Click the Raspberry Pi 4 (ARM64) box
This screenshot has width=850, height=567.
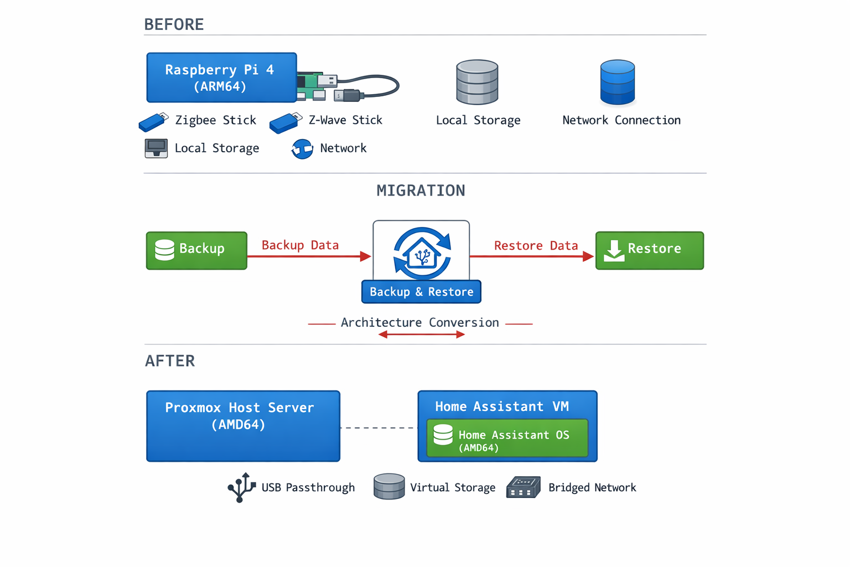pos(221,78)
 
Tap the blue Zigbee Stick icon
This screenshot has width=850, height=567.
pos(153,122)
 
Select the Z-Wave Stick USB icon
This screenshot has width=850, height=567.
pos(285,123)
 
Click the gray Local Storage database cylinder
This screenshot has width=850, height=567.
pos(477,83)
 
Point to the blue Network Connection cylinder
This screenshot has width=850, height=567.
pos(617,83)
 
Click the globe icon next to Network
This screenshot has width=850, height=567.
pos(302,149)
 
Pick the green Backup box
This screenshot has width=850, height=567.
pos(196,250)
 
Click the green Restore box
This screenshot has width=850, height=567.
pos(649,250)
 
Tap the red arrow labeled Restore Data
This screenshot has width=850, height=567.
pos(531,256)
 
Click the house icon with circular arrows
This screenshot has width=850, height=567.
pos(422,253)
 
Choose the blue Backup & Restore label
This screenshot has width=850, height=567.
pos(421,292)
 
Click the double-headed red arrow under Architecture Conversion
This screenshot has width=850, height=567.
pos(421,334)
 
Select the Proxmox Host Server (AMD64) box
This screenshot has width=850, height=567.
pos(243,426)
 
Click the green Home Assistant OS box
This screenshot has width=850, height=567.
pos(507,438)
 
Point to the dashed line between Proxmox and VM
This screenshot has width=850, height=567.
pos(379,427)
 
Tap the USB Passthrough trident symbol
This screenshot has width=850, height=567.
pos(241,487)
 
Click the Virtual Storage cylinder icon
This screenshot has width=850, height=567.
pos(389,487)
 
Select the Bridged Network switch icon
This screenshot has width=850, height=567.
pos(523,487)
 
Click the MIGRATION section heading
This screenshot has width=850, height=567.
pos(421,190)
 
